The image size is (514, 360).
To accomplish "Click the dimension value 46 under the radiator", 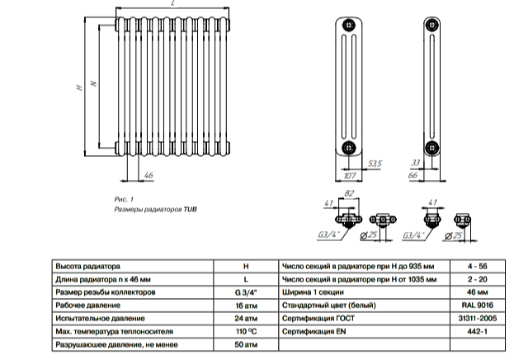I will [x=149, y=176].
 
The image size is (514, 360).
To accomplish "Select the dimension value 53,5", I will [x=375, y=163].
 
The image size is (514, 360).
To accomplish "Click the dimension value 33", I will [x=417, y=163].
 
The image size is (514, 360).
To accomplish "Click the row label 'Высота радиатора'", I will [x=87, y=267].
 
